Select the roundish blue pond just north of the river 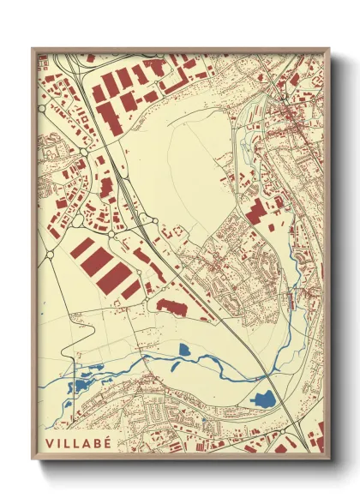click(x=184, y=350)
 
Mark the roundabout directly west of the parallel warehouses click(x=50, y=255)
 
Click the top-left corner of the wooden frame click(x=33, y=49)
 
